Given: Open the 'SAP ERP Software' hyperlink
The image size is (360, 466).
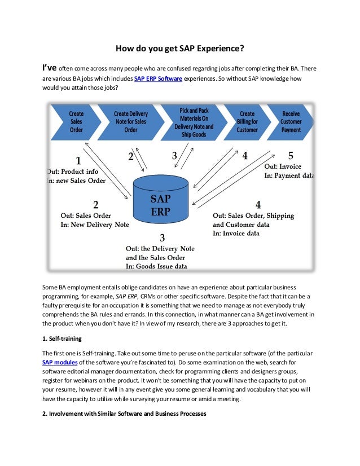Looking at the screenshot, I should pos(157,78).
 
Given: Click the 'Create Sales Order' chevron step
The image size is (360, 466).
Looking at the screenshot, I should pos(76,122).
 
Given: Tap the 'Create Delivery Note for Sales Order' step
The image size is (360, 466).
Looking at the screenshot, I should pos(131,122).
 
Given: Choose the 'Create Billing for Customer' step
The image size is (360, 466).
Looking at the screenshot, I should pos(247,122).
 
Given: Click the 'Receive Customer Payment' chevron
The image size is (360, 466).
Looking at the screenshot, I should pos(291,122).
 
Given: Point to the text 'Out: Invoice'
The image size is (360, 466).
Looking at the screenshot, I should pos(283,167).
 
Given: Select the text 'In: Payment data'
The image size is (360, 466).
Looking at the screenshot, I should pos(289,176).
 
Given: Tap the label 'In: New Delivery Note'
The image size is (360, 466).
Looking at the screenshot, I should pos(94,225).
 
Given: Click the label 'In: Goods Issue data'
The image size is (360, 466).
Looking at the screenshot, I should pos(156,267).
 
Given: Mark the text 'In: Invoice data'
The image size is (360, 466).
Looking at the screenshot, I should pos(236,233).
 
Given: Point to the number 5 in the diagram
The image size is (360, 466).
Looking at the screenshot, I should pos(291,155).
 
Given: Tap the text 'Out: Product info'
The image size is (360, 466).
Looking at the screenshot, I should pos(73,172).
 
